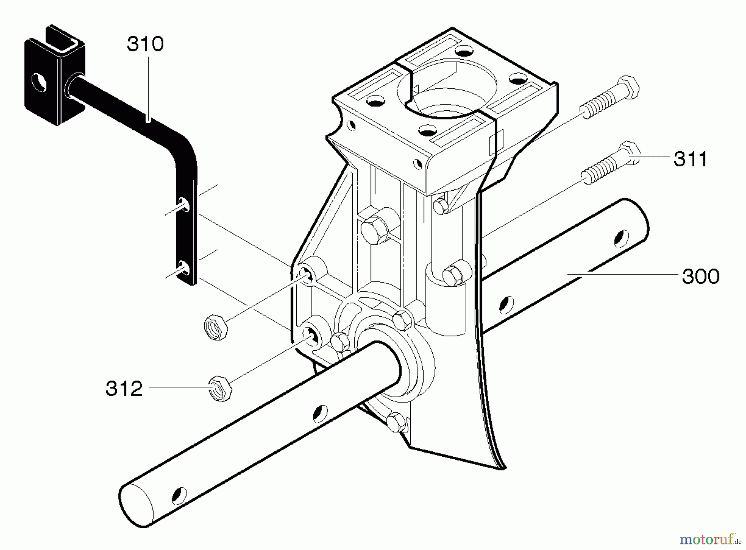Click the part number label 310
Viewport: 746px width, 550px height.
coord(145,44)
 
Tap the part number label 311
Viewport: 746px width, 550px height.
coord(690,159)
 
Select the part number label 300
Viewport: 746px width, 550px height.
coord(700,276)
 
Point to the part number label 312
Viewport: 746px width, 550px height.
coord(124,389)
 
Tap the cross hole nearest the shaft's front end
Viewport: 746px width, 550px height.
coord(179,494)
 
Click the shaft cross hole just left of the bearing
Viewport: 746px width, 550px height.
coord(319,412)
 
